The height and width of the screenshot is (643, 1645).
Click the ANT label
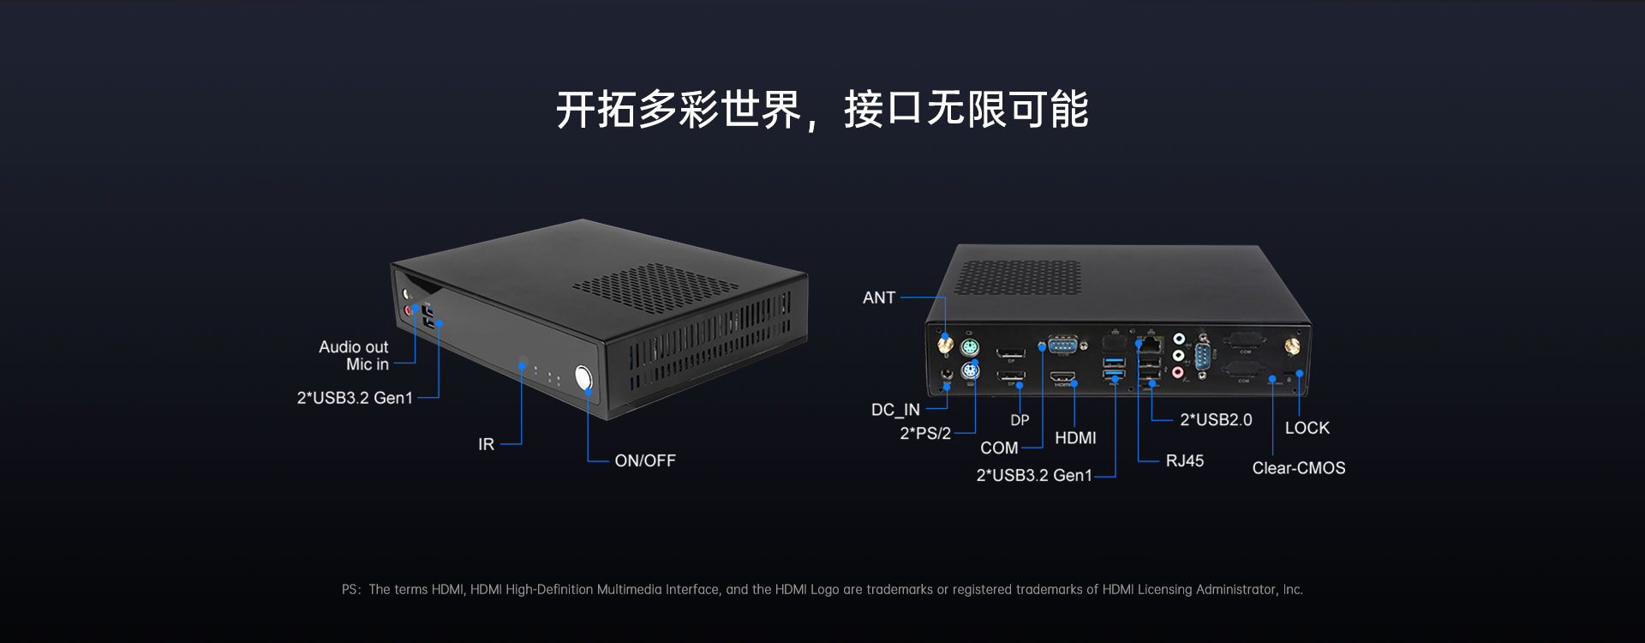(x=878, y=297)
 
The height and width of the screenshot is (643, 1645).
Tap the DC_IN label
(x=894, y=410)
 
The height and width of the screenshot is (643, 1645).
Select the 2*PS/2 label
(x=924, y=433)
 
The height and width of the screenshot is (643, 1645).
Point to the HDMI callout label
(x=1075, y=438)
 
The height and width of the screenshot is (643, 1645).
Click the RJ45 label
(x=1184, y=461)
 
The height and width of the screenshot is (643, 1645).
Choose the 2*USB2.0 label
(x=1215, y=420)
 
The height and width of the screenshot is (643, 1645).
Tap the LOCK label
(x=1307, y=428)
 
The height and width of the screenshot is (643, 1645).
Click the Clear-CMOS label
(x=1298, y=468)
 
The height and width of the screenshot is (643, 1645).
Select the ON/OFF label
(x=644, y=461)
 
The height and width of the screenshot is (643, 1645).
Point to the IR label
(x=486, y=444)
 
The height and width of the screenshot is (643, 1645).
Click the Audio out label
(x=353, y=346)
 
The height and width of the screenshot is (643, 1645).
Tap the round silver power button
(x=583, y=377)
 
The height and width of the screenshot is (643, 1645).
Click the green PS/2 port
(x=970, y=348)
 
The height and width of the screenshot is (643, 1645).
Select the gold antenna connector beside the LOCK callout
(x=1291, y=346)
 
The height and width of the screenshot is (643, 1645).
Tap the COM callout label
(x=999, y=448)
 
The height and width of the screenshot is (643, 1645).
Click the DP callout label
(x=1020, y=420)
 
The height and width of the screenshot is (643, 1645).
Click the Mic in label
(x=367, y=364)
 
